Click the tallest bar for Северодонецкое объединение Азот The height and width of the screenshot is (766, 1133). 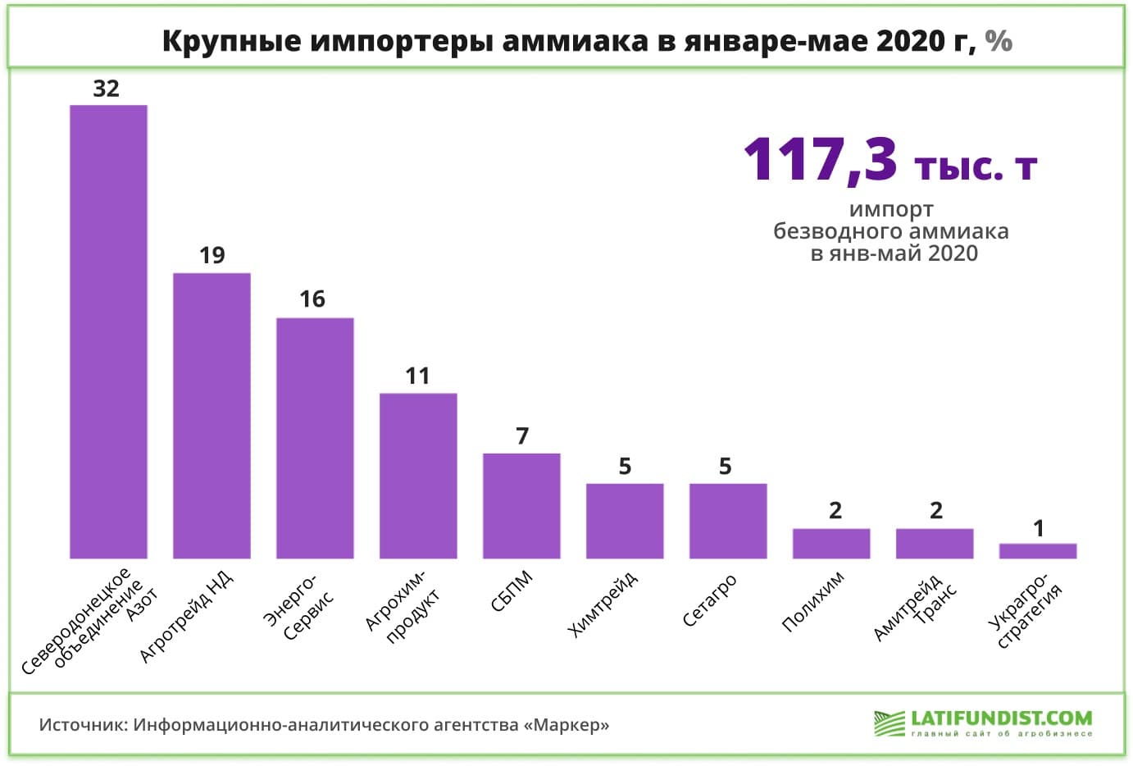(108, 331)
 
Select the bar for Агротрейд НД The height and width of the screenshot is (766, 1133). (212, 416)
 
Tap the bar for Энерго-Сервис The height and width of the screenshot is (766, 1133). (315, 438)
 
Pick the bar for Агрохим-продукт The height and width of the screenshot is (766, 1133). (418, 476)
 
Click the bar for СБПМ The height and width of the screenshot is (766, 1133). (521, 506)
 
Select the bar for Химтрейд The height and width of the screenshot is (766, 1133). (625, 521)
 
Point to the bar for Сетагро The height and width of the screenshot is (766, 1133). (728, 521)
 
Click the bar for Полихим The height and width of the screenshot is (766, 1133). (831, 544)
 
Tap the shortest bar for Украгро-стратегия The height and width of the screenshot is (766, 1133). (1038, 551)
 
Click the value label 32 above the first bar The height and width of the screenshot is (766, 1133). (107, 89)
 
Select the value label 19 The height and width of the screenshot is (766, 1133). (212, 256)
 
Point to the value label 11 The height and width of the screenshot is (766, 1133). (417, 376)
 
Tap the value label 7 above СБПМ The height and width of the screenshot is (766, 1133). (522, 436)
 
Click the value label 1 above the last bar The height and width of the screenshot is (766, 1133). (1039, 529)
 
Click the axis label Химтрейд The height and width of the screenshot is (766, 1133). (603, 605)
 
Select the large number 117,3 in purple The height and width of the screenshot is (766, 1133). (820, 159)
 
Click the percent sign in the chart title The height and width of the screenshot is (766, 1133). (999, 41)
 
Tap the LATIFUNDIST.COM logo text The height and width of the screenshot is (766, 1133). (1001, 718)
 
